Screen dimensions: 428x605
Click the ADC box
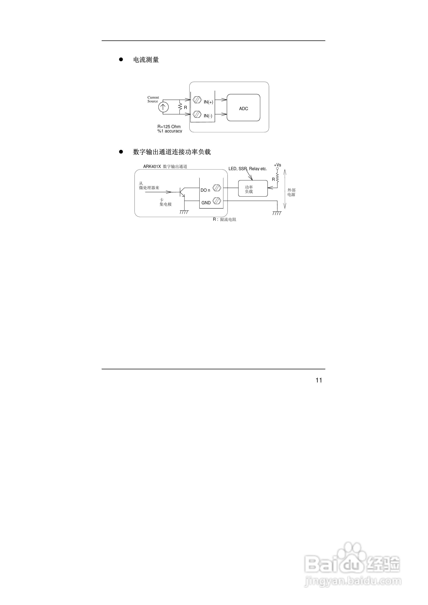pos(243,107)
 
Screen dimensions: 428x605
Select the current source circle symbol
pos(163,107)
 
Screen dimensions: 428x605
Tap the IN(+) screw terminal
pos(197,100)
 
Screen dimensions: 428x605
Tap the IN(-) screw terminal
pos(197,114)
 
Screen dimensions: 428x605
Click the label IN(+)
pos(208,102)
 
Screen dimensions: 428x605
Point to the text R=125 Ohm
pos(169,126)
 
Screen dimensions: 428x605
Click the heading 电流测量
pos(146,60)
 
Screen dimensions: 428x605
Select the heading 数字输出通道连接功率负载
pos(172,152)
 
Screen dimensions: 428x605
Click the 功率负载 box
pos(253,188)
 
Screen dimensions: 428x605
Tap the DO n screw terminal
pos(217,188)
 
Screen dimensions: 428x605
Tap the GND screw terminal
pos(217,201)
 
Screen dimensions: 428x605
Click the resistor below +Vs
pos(277,177)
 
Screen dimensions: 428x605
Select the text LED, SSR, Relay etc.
pos(247,169)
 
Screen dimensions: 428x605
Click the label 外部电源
pos(291,192)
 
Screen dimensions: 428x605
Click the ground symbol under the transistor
pos(184,212)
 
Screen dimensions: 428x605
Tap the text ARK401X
pos(152,167)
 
